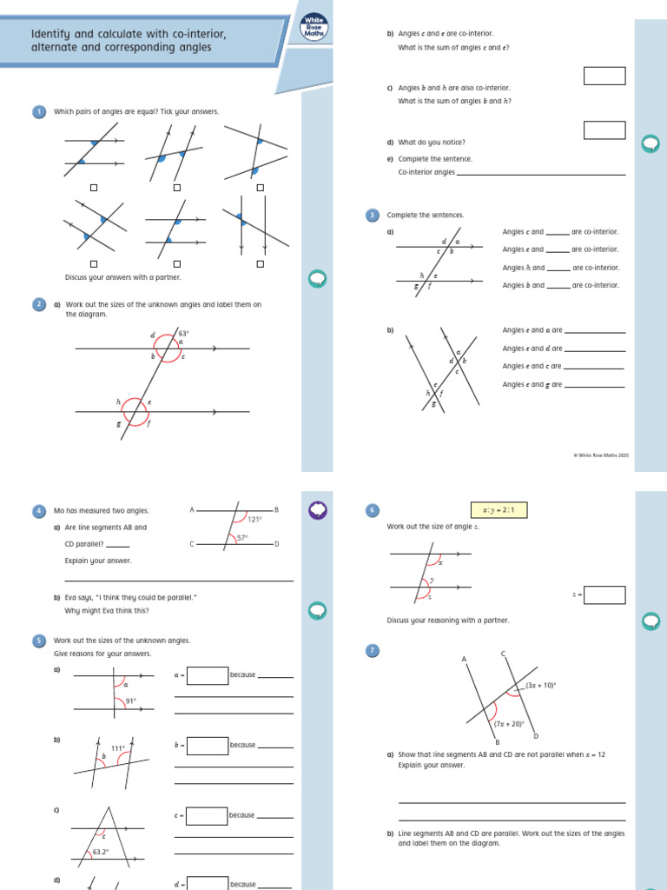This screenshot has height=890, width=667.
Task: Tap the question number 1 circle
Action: [39, 111]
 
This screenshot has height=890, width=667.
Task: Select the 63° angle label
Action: [183, 333]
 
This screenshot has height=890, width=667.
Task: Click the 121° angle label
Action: [254, 520]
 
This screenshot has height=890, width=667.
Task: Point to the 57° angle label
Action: [243, 538]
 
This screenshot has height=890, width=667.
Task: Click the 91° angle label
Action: [131, 701]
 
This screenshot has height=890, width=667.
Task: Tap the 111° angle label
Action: [118, 747]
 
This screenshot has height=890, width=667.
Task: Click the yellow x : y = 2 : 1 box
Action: [499, 510]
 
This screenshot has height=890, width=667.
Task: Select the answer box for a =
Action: [207, 674]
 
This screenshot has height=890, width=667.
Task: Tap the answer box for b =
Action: [207, 745]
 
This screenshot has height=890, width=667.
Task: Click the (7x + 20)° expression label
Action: [508, 723]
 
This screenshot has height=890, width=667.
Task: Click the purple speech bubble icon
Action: [318, 510]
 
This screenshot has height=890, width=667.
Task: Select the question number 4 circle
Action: [39, 511]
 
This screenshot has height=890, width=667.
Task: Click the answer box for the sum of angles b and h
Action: [604, 130]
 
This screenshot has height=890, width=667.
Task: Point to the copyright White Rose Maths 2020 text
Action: [603, 455]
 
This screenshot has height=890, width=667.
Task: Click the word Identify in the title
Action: [50, 34]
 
